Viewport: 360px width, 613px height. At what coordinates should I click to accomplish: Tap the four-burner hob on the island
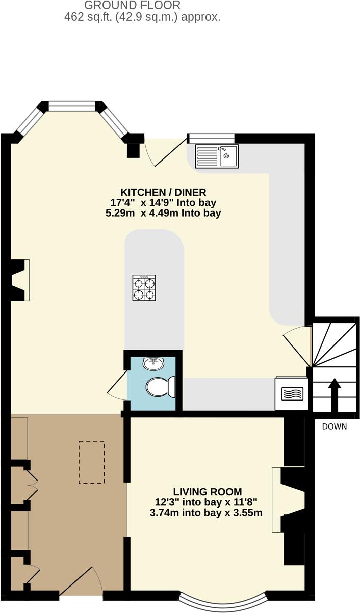[144, 288]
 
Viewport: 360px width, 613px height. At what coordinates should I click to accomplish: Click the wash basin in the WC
[153, 364]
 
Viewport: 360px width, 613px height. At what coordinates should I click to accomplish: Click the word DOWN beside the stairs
[335, 427]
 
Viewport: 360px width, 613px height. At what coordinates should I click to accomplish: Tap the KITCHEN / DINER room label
[163, 192]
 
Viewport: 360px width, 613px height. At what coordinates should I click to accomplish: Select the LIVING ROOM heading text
[207, 492]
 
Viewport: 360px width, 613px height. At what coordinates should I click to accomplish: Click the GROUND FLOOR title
[132, 6]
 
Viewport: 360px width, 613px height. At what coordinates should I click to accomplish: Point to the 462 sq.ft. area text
[142, 17]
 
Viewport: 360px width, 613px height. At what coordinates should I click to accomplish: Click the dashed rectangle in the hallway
[91, 462]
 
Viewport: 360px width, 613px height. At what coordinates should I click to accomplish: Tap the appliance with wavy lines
[292, 393]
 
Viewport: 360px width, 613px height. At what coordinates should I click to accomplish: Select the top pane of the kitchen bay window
[72, 106]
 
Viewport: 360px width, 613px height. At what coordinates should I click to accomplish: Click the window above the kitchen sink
[211, 137]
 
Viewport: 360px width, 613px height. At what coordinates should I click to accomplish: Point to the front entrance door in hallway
[82, 581]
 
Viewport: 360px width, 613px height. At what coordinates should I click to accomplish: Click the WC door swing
[117, 386]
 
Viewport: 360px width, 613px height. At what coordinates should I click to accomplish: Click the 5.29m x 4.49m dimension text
[163, 213]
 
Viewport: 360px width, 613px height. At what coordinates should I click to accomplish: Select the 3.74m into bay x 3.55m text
[206, 513]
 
